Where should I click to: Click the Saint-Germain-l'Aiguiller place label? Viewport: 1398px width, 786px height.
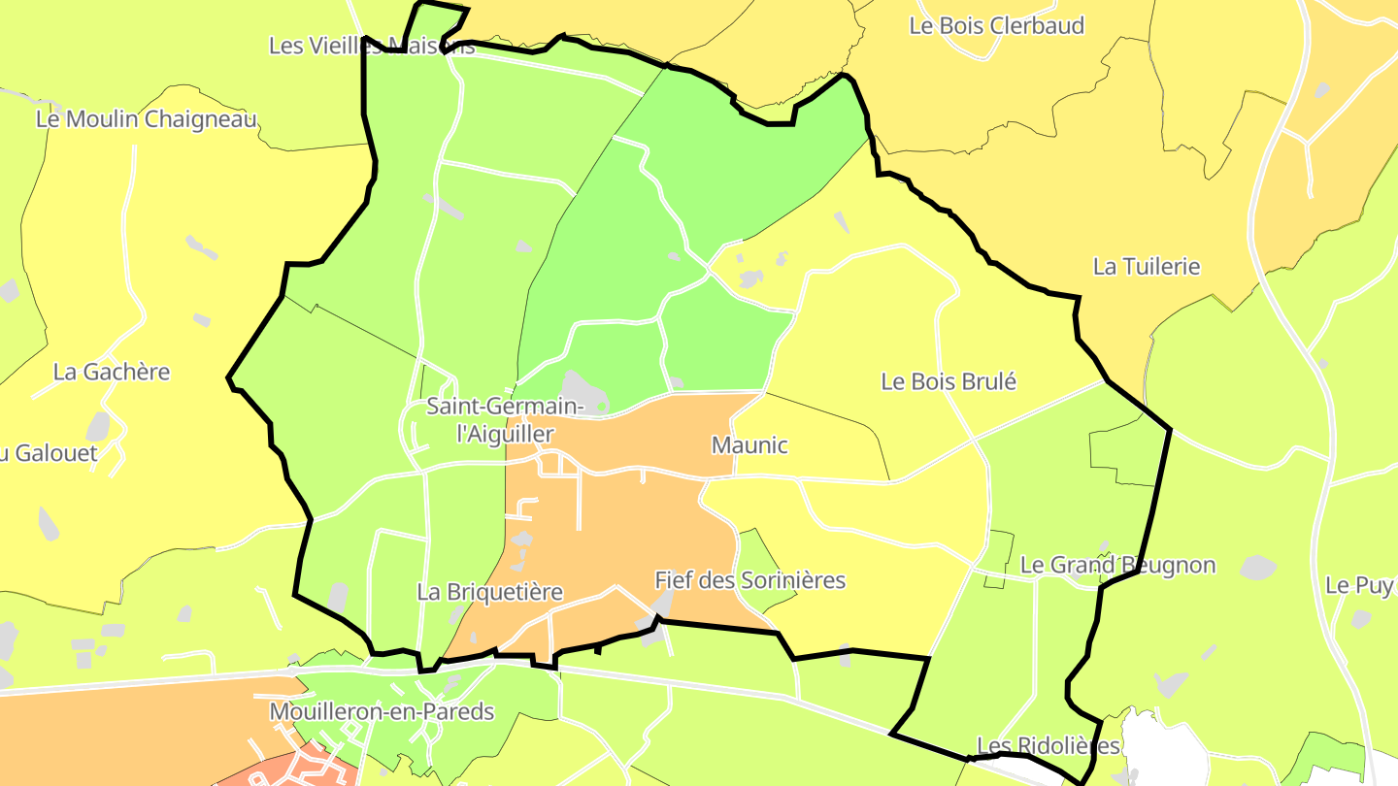click(505, 419)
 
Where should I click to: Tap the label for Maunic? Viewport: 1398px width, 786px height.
click(749, 445)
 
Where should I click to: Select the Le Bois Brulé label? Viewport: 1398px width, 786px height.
click(948, 381)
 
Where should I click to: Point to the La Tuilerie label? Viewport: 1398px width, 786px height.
click(1147, 266)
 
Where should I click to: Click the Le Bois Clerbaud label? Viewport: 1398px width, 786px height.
click(996, 26)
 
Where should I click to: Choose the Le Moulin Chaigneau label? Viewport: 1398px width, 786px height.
click(147, 119)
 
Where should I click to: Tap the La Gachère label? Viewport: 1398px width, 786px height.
click(112, 372)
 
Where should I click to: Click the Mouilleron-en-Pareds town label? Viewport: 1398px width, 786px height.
click(382, 711)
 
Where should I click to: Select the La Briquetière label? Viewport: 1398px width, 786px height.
click(490, 591)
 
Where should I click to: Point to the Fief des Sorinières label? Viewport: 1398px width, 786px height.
click(749, 580)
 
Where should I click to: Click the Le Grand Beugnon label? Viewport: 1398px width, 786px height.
click(1117, 565)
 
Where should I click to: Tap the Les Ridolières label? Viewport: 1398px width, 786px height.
click(1048, 745)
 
